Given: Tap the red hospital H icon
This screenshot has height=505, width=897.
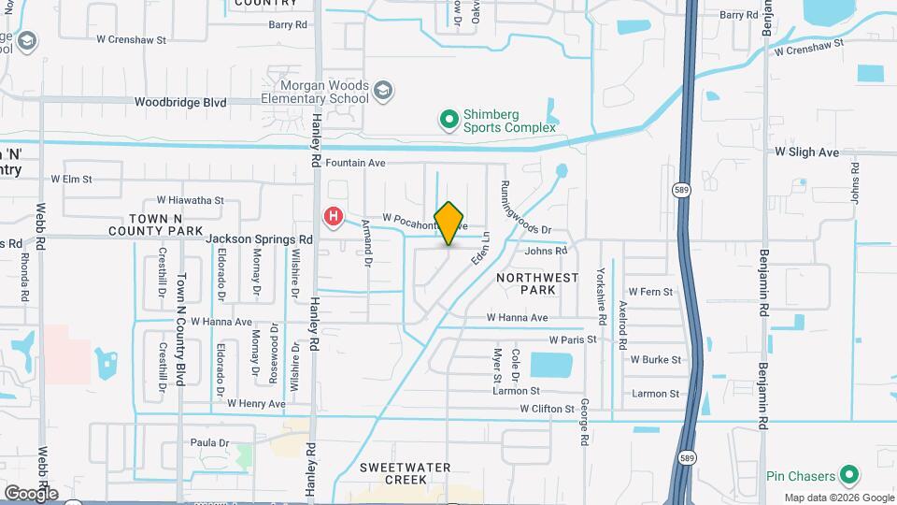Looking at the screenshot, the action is pos(333,218).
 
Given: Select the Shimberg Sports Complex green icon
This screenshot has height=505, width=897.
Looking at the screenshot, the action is pos(449,119).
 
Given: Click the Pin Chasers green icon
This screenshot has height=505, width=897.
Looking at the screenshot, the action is pos(849,475).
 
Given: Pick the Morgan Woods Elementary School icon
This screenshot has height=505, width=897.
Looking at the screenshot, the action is pos(382,91).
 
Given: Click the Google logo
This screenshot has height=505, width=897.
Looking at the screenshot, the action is pos(31,493).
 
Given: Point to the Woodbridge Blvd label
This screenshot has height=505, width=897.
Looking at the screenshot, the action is pos(180,102).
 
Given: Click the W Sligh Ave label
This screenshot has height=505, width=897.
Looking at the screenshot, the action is pos(807,151).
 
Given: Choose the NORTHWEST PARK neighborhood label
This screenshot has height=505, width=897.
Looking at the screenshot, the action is pos(537,283).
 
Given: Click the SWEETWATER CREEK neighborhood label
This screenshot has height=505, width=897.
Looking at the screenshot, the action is pos(405,473).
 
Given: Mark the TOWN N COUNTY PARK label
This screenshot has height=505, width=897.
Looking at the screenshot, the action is pos(156,224).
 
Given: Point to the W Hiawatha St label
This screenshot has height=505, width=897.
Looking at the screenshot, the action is pos(191,200).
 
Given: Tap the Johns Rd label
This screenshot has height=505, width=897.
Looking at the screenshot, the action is pos(546,251).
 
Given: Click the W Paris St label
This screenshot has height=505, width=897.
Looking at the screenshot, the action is pos(573,339).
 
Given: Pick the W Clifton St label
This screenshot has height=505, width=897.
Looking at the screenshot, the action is pos(548,409).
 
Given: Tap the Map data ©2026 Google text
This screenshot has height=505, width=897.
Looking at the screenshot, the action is pos(837,498).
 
